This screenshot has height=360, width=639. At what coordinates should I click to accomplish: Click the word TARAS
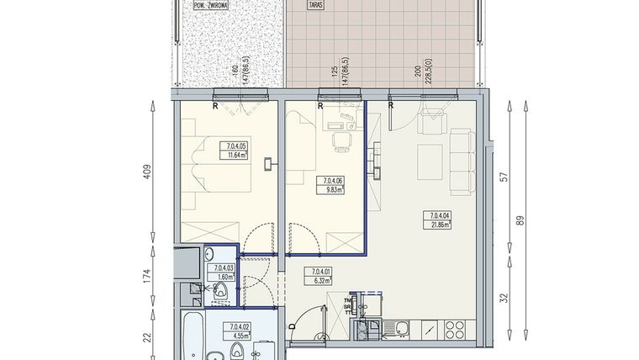tap(316, 5)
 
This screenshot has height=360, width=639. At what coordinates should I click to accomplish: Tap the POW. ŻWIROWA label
tap(210, 4)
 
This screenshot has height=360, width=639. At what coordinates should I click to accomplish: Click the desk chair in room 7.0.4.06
tap(341, 142)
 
